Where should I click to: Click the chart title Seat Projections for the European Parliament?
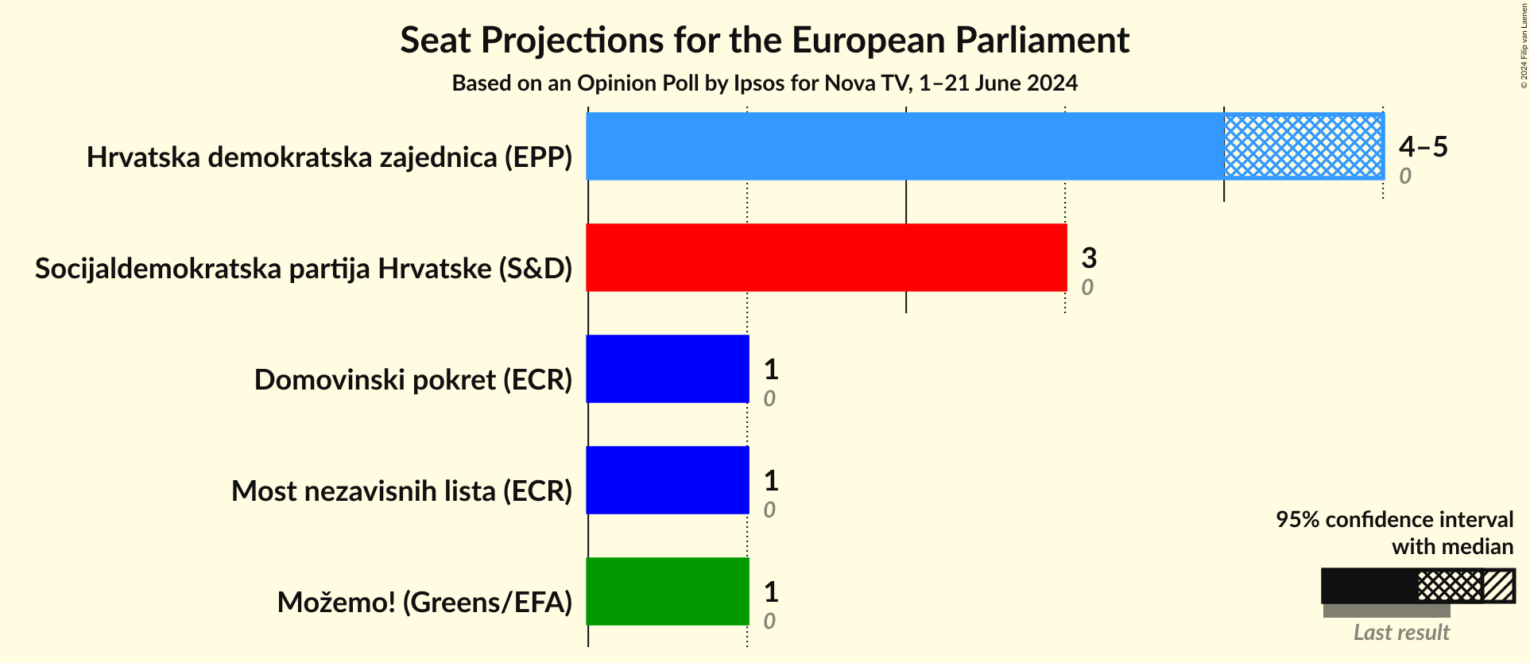765,40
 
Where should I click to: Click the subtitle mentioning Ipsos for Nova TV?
765,83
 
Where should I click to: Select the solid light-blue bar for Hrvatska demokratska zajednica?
904,146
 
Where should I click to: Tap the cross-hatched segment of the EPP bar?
1303,146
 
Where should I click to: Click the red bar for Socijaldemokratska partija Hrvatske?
827,258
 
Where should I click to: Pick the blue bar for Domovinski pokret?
668,369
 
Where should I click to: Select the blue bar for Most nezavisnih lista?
668,480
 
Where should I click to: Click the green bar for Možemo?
668,591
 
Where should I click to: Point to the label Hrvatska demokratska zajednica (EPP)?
329,157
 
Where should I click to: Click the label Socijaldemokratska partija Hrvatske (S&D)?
304,269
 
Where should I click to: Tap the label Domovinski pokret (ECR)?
413,380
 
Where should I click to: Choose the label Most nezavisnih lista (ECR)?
401,491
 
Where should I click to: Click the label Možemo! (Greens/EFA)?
424,603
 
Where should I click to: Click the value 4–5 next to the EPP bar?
1423,146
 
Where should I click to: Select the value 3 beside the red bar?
1089,258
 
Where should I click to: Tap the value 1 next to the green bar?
770,591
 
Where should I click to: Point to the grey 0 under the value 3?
1086,287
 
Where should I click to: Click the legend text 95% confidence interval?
1394,519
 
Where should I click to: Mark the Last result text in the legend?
1401,633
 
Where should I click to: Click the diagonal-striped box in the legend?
1499,586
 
